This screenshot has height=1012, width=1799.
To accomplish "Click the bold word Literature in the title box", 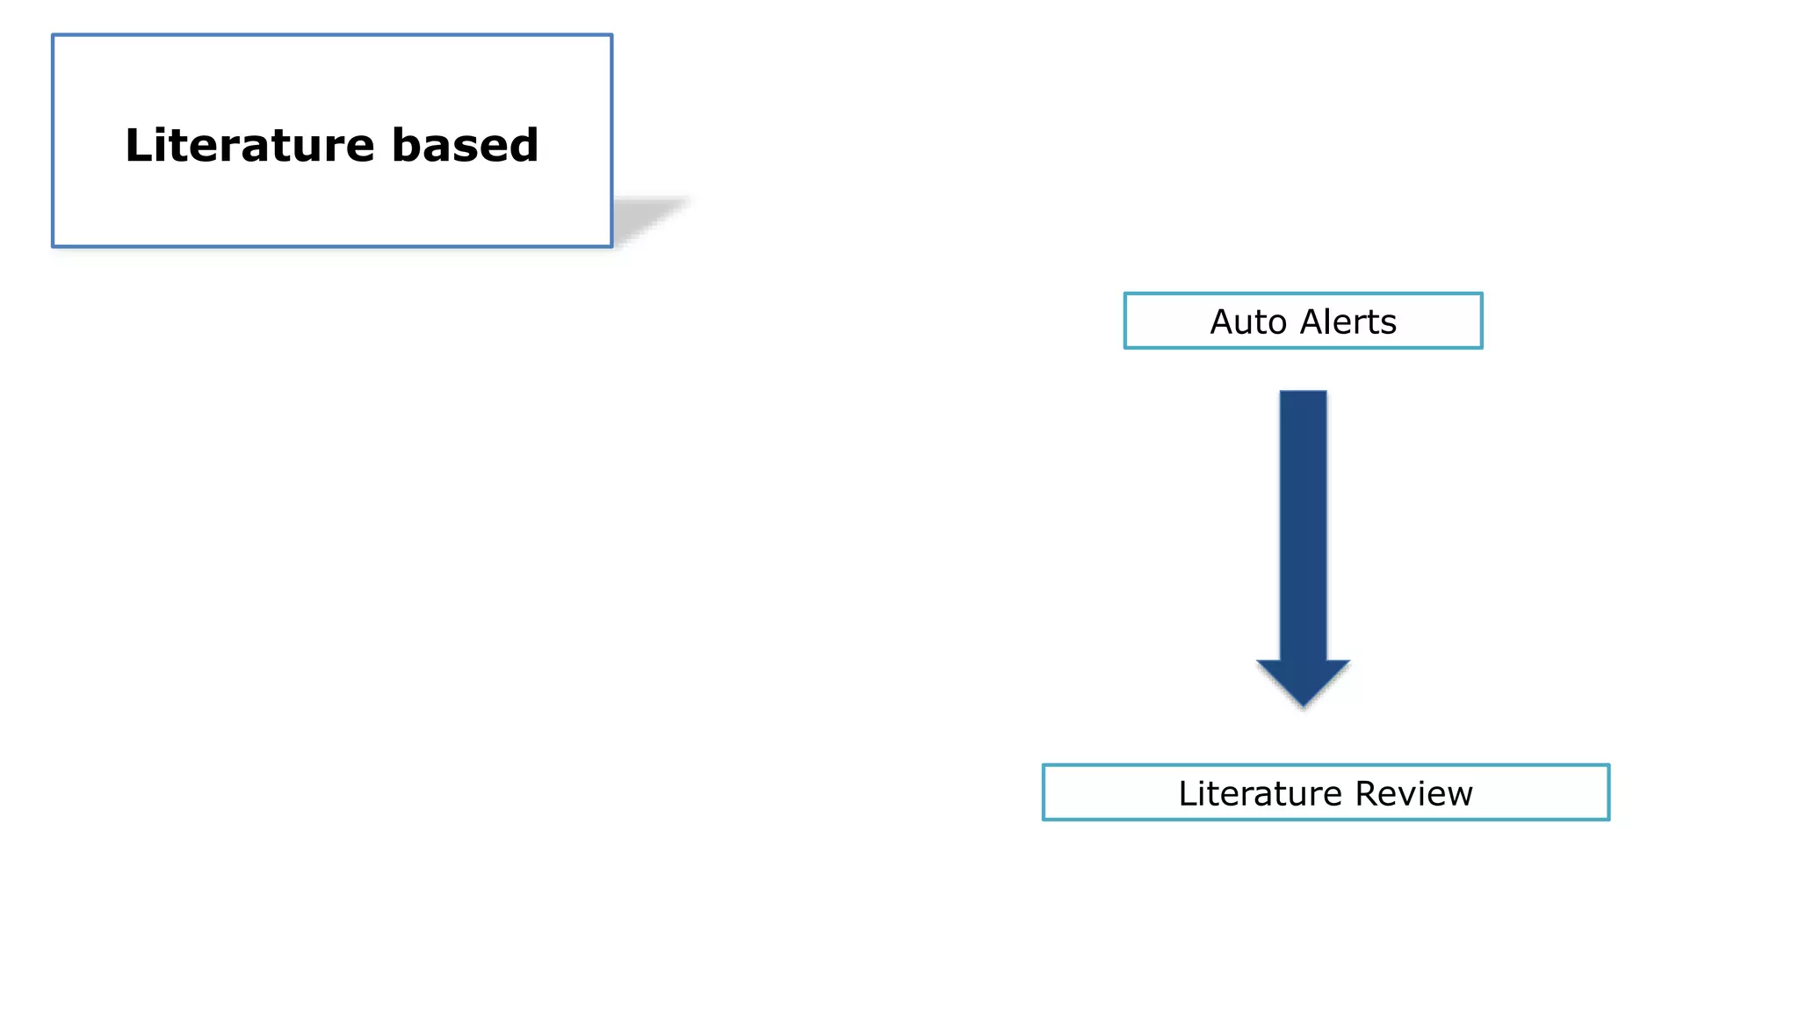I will point(249,145).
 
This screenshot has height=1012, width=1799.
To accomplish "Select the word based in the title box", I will point(465,145).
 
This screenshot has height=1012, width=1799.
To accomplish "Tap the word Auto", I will point(1248,322).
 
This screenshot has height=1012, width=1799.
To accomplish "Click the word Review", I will point(1413,793).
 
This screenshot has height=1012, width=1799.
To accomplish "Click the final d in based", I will point(522,145).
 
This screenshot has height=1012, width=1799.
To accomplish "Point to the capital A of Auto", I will point(1224,322).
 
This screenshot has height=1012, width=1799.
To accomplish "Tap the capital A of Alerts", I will point(1312,322).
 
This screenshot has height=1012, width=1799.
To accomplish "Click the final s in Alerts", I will point(1389,324).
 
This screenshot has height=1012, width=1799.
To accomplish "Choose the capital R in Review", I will point(1369,793).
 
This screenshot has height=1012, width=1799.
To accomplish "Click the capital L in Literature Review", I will point(1187,793).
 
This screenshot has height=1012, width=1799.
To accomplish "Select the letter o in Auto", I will point(1277,324).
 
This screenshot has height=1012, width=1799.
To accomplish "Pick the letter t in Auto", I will point(1260,322).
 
